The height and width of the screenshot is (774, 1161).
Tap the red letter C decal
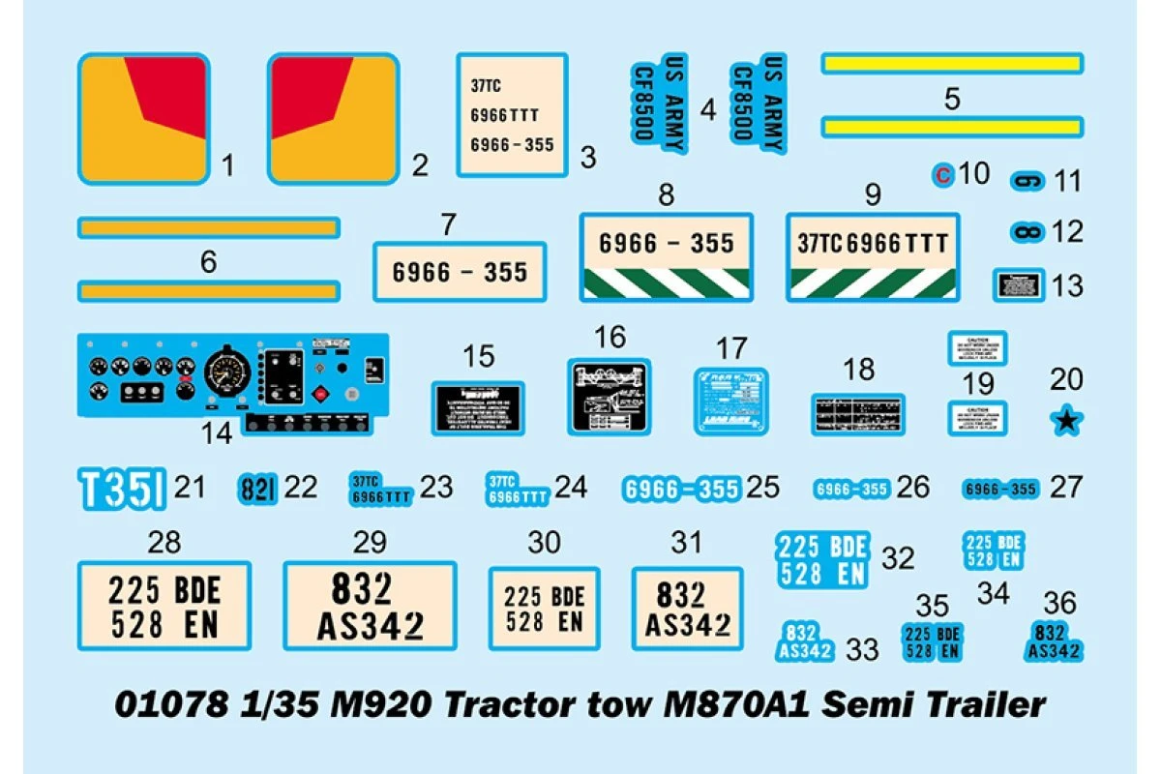click(942, 175)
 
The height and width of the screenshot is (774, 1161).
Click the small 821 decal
click(257, 489)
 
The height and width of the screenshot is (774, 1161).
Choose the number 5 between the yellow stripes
click(952, 98)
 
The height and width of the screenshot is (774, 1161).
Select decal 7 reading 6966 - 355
click(460, 272)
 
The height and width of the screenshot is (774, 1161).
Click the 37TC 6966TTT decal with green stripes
click(873, 255)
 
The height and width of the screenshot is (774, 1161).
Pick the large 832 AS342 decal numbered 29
click(370, 607)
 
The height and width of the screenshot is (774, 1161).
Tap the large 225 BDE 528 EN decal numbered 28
click(164, 607)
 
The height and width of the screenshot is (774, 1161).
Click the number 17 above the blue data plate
click(731, 348)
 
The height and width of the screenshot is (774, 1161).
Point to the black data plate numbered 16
click(610, 399)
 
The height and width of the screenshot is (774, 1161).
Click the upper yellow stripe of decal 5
click(952, 64)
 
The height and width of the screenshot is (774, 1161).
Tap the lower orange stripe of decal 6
click(208, 290)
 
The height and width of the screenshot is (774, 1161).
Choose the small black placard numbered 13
click(1020, 286)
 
